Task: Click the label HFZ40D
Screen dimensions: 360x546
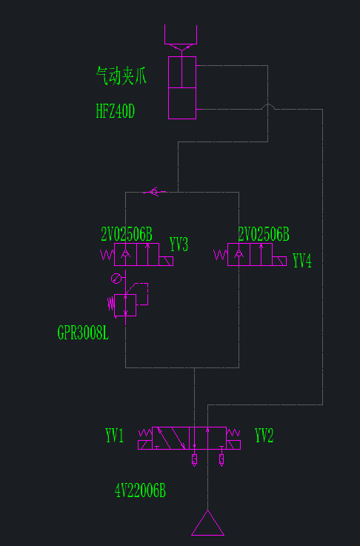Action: (116, 111)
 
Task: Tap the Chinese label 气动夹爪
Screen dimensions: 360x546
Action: (121, 76)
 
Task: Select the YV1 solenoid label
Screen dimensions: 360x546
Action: (115, 436)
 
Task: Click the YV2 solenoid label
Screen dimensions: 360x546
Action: (264, 436)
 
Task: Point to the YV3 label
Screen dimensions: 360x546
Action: (179, 244)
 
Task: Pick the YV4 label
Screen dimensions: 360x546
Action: (302, 261)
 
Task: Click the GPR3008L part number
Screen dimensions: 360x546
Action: (83, 333)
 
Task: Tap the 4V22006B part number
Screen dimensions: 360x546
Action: (140, 491)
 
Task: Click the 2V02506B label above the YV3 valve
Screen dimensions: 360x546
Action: (127, 234)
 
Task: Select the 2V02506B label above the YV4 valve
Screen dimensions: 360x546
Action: (264, 234)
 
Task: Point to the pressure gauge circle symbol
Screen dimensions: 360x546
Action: (116, 279)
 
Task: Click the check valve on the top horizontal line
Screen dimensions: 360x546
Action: (154, 192)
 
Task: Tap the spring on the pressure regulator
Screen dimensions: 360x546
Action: (111, 304)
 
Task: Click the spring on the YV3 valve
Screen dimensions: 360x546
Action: (107, 255)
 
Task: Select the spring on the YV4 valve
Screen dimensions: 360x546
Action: (221, 255)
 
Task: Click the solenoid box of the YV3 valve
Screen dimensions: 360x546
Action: (166, 262)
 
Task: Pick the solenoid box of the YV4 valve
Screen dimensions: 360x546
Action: (279, 262)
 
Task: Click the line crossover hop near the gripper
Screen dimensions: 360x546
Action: (267, 105)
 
